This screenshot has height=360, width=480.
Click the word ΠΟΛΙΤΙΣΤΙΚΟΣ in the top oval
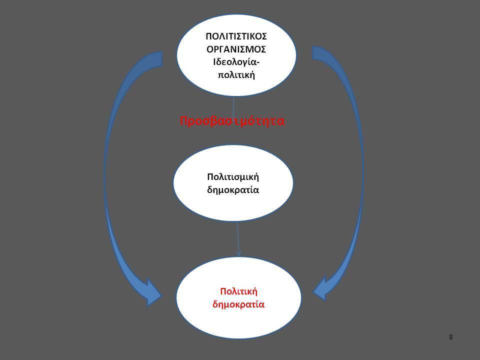pyautogui.click(x=236, y=36)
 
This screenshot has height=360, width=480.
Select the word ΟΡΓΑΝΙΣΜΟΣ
pyautogui.click(x=236, y=49)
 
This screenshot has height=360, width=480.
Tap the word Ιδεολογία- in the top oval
pyautogui.click(x=236, y=62)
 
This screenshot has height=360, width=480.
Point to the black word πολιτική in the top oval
pyautogui.click(x=236, y=75)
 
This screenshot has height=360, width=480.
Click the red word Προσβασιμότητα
pyautogui.click(x=232, y=121)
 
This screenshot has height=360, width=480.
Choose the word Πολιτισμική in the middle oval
pyautogui.click(x=233, y=177)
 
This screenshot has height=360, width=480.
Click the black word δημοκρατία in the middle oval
pyautogui.click(x=233, y=190)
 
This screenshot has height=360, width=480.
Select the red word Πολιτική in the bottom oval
pyautogui.click(x=239, y=291)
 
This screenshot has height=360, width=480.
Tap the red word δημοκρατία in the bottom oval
pyautogui.click(x=238, y=304)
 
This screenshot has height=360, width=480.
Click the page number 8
pyautogui.click(x=450, y=337)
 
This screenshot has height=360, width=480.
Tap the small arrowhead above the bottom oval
pyautogui.click(x=239, y=252)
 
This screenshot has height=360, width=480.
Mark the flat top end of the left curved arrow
pyautogui.click(x=161, y=59)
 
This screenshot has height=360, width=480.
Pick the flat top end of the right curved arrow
pyautogui.click(x=312, y=52)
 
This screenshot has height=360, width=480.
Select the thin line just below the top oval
pyautogui.click(x=233, y=105)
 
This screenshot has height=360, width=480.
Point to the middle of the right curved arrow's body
pyautogui.click(x=362, y=171)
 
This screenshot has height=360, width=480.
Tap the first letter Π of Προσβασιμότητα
pyautogui.click(x=183, y=121)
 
